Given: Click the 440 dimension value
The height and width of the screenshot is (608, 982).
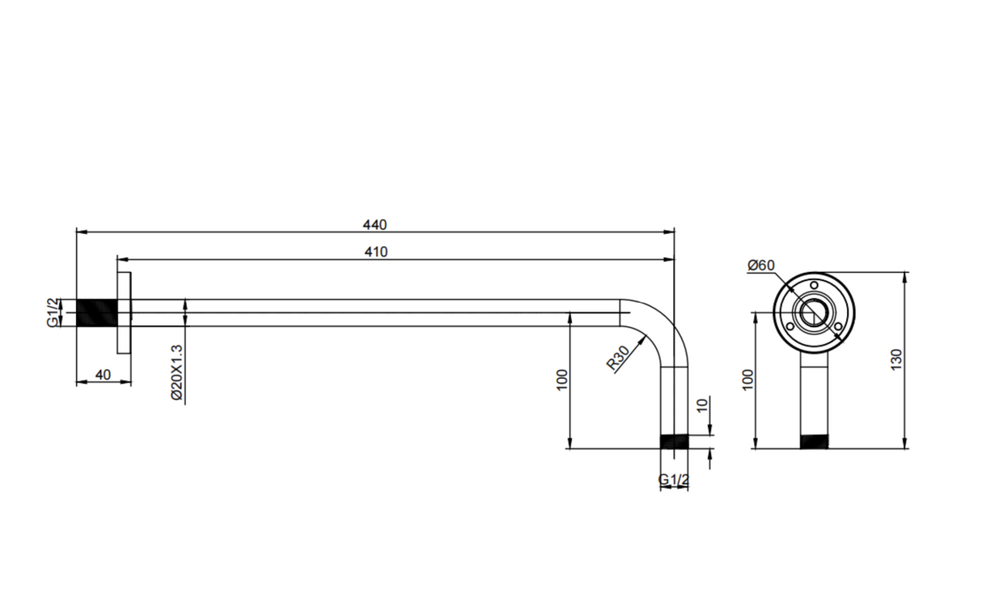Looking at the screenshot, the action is (375, 224).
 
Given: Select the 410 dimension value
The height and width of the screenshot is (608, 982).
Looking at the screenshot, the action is (376, 252).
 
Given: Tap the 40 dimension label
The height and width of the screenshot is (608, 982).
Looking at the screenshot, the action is (103, 375).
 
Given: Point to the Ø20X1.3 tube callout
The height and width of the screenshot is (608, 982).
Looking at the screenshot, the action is (176, 372).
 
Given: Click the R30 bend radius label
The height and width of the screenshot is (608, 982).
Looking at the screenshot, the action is (618, 358).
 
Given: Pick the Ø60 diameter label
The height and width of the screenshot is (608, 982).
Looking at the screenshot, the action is (761, 266).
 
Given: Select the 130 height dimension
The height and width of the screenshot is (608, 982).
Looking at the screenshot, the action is (896, 359).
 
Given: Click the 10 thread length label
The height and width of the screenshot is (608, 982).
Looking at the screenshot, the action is (702, 406).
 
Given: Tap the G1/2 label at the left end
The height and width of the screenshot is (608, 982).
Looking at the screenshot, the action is (52, 313).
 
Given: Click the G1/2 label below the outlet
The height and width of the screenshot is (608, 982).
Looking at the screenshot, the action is (674, 479).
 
